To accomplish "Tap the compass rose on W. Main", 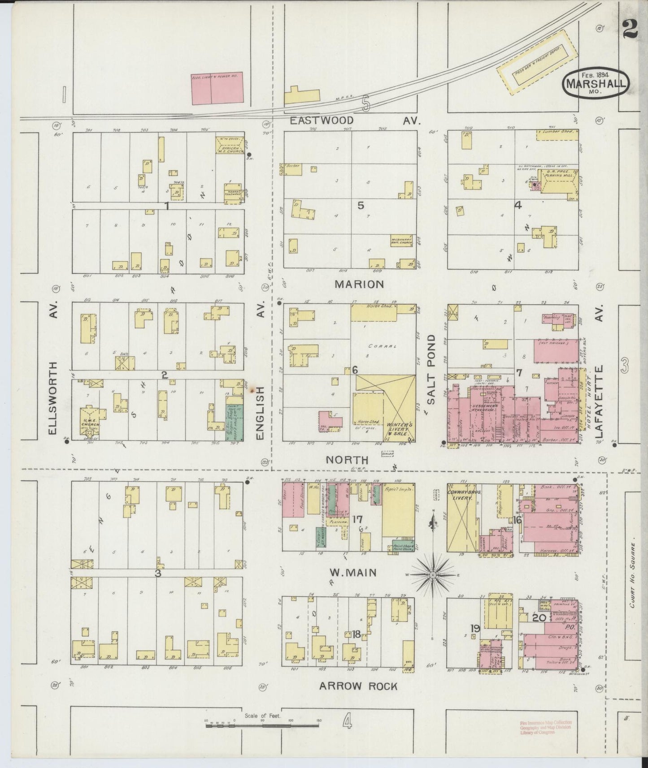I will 433,574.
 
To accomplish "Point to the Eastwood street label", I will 321,121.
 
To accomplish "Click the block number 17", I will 357,519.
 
